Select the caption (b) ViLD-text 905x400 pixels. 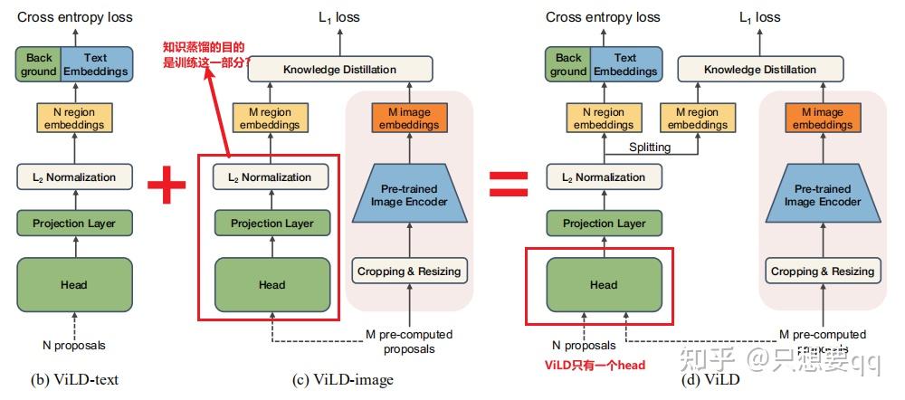pos(74,380)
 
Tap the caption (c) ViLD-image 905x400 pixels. pos(343,380)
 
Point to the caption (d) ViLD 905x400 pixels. pos(710,380)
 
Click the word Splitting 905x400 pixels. pos(650,147)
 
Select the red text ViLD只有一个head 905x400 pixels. pos(595,365)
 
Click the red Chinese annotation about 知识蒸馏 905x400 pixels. pos(204,56)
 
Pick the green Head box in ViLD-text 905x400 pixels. pos(74,285)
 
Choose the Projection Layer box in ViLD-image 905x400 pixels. pos(271,224)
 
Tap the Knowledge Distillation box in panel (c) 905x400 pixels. pos(339,70)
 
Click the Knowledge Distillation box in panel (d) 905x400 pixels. pos(760,70)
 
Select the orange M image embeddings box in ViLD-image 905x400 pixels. pos(409,119)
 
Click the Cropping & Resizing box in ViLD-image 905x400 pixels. pos(409,271)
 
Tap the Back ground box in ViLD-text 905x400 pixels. pos(39,64)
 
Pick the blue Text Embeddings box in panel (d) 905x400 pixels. pos(624,64)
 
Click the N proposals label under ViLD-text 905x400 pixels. pos(74,345)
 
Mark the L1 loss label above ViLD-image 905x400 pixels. pos(339,16)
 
